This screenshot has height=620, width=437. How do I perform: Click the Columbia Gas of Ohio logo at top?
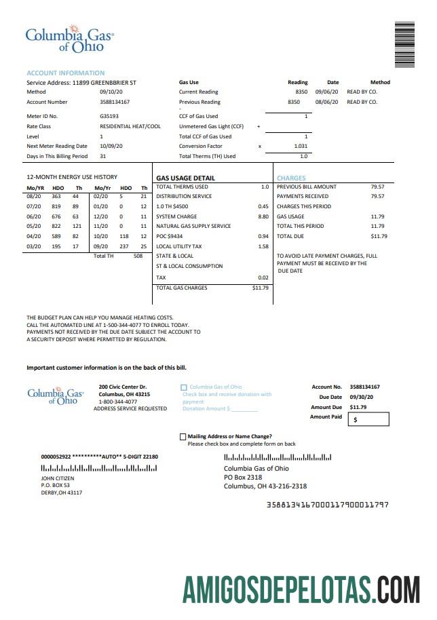(69, 40)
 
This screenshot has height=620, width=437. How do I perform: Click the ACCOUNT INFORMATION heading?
(65, 73)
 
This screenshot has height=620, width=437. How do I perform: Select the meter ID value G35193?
(109, 116)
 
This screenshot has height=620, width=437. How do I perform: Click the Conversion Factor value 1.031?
(301, 146)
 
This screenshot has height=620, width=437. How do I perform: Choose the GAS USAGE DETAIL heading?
(185, 178)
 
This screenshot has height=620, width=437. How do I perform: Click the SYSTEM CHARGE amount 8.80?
(263, 216)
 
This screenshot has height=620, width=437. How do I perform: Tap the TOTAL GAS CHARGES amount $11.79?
(261, 288)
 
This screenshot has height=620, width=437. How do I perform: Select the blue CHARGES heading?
(291, 178)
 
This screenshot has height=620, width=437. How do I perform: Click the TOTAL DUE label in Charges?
(290, 236)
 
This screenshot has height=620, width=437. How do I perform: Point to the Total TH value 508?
(138, 256)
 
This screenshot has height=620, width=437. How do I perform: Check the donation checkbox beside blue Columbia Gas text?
(184, 387)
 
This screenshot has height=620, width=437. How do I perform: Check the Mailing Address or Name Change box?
(183, 437)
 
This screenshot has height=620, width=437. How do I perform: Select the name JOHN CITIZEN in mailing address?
(58, 478)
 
